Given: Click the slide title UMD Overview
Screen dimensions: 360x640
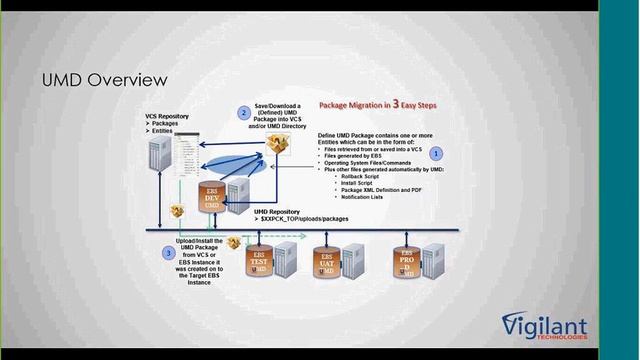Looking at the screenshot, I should click(103, 79).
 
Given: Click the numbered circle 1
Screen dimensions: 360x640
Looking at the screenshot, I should click(436, 152).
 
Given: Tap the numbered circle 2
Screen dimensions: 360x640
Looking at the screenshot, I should click(243, 113).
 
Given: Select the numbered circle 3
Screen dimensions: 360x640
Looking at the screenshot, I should click(169, 253).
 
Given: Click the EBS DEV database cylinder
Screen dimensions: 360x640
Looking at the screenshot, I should click(212, 195).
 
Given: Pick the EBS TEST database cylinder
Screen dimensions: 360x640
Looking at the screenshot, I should click(259, 262).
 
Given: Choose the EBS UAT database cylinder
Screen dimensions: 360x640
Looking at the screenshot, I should click(327, 263).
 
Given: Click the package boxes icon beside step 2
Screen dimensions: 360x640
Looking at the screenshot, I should click(278, 146).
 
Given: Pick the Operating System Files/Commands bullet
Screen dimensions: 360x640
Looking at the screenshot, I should click(371, 162).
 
